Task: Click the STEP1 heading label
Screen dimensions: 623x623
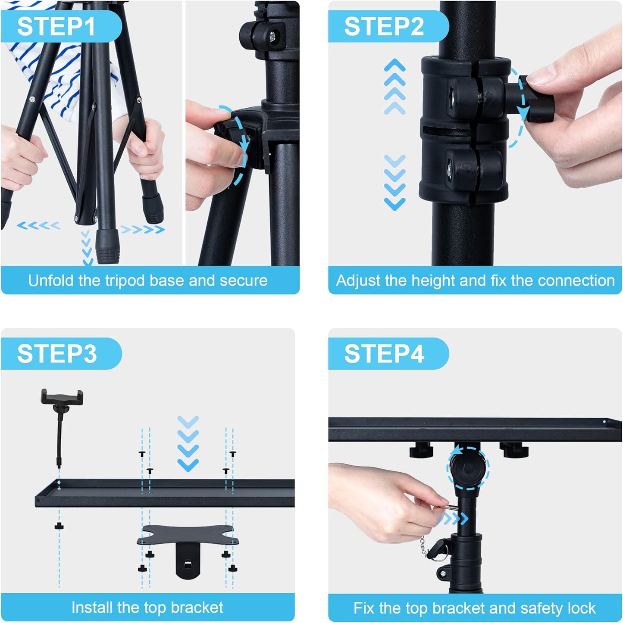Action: click(56, 26)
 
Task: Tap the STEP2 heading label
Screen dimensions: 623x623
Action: click(384, 26)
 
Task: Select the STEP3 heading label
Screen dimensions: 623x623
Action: click(57, 354)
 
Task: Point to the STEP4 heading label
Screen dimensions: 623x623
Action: click(384, 354)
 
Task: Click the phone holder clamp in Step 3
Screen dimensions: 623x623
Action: click(62, 396)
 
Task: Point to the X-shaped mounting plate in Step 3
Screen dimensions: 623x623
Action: click(188, 536)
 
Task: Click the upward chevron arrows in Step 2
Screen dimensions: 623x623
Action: click(394, 87)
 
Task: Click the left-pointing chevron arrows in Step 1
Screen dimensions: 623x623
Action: click(39, 225)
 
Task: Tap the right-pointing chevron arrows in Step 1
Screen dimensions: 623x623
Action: click(142, 229)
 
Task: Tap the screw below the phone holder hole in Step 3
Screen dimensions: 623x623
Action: click(59, 526)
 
